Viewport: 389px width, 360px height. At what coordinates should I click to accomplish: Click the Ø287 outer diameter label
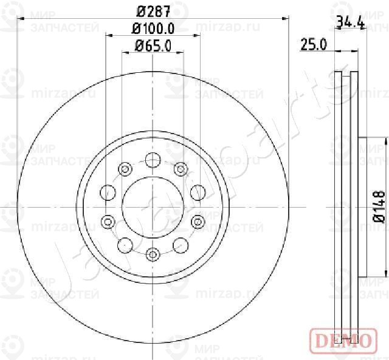(x=152, y=10)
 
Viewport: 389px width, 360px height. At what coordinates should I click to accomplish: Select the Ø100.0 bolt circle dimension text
(x=153, y=28)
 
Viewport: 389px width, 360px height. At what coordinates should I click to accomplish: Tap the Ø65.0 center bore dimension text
(x=153, y=44)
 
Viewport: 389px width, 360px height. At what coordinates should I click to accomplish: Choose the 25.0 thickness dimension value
(x=314, y=44)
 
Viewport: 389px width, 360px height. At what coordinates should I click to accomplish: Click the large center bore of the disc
(x=153, y=207)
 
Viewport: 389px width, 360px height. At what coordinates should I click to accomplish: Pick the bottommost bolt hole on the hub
(x=153, y=254)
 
